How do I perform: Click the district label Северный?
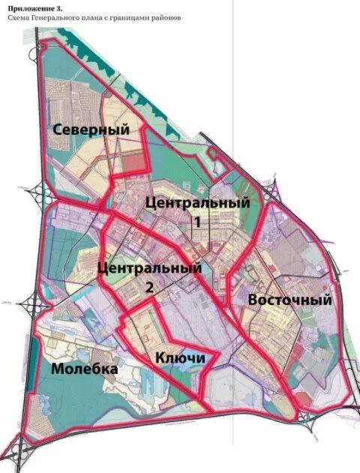(91, 129)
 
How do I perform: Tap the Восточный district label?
(290, 299)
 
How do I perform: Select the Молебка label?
(85, 370)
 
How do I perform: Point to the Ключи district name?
(180, 358)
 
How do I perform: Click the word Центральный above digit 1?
(197, 202)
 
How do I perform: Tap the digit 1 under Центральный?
(197, 223)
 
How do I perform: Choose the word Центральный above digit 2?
(150, 268)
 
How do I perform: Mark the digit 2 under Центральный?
(150, 286)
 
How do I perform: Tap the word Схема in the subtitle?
(18, 16)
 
